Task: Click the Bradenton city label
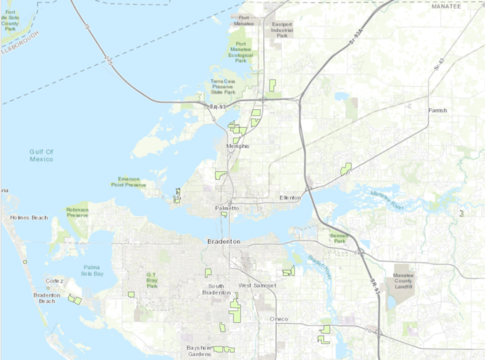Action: (224, 241)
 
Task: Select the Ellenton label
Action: (292, 198)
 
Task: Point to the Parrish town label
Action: (437, 111)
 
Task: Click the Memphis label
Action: (237, 147)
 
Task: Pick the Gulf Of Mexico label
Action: (41, 155)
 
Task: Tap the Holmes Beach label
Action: (28, 218)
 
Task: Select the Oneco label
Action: (278, 319)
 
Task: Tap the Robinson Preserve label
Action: (77, 212)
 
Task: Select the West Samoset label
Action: (257, 286)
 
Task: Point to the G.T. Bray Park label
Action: (152, 280)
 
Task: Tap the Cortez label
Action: (55, 280)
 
